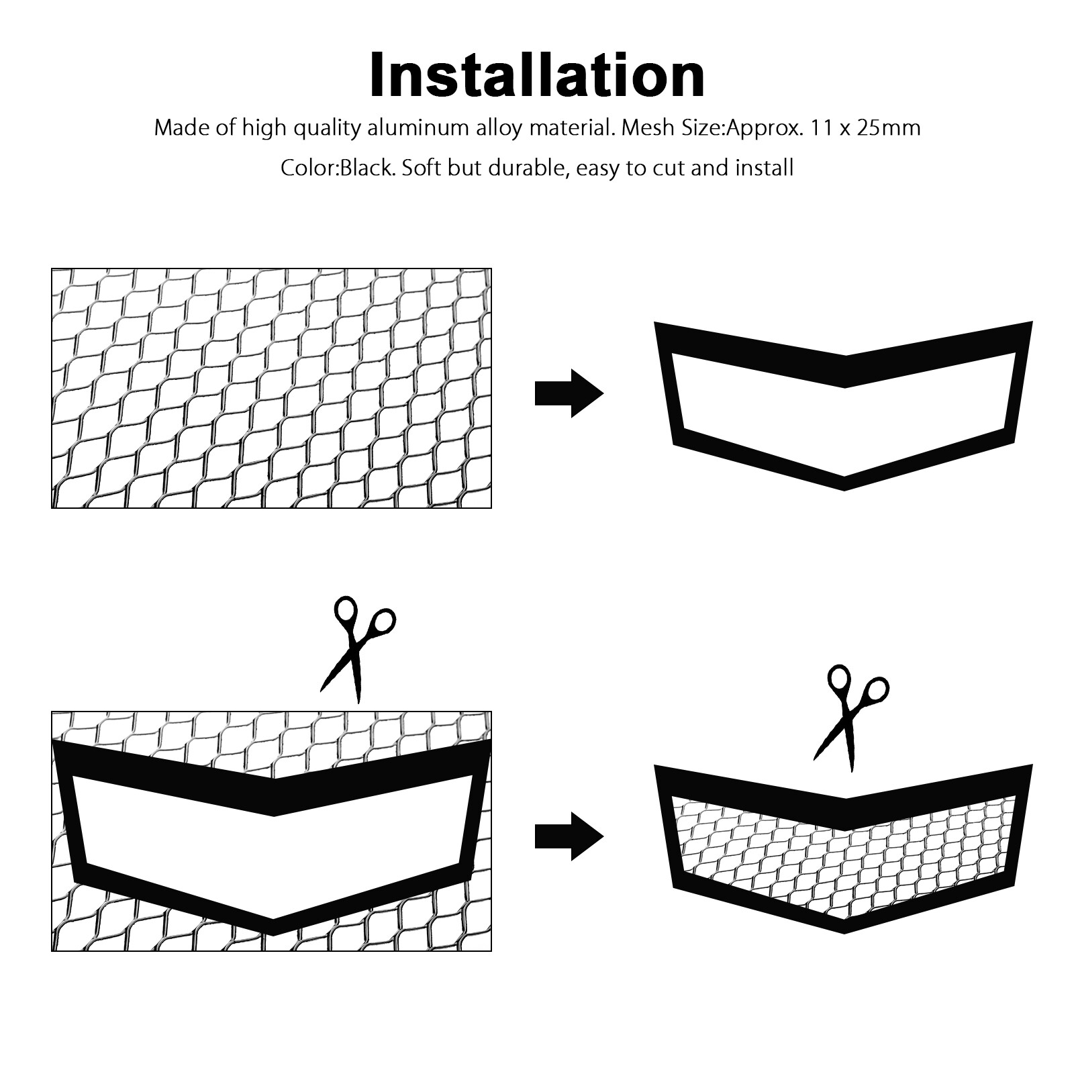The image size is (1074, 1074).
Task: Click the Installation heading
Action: coord(537,75)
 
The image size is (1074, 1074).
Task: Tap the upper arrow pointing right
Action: coord(569,393)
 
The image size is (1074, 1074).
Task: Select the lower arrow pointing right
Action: coord(569,836)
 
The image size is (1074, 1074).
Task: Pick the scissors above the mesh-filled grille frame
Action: coord(851,717)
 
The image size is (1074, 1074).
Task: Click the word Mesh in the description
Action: coord(649,128)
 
